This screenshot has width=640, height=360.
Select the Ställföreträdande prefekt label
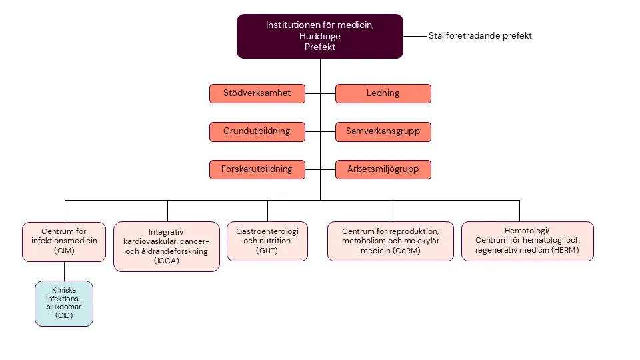[480, 36]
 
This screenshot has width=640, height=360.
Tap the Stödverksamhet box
[257, 93]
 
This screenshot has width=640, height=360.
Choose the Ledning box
[383, 93]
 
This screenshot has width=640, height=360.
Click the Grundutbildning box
[257, 131]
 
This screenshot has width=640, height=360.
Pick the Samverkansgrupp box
[383, 131]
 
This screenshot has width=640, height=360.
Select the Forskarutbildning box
[257, 169]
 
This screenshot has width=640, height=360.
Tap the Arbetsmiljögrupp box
[383, 169]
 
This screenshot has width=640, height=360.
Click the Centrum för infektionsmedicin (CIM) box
[64, 241]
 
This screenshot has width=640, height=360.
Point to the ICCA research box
[166, 246]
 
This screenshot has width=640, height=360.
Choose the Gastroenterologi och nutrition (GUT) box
[267, 241]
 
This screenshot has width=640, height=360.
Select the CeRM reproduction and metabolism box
[390, 241]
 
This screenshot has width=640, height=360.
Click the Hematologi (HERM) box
[527, 241]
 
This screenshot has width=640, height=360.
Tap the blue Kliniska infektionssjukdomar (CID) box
[64, 303]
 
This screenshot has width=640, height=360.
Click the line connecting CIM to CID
[64, 271]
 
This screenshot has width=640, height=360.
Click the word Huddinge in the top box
[320, 36]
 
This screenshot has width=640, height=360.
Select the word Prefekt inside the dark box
[320, 47]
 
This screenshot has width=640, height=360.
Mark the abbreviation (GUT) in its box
[267, 251]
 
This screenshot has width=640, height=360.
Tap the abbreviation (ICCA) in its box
[166, 261]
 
